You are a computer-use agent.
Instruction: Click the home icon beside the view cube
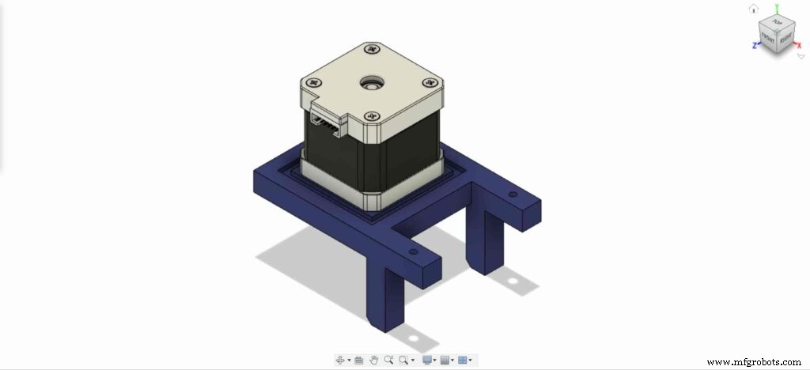tap(754, 9)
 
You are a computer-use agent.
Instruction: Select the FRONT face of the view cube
tap(767, 37)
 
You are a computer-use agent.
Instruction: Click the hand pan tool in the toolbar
tap(374, 360)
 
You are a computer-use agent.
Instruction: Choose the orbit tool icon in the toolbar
tap(341, 360)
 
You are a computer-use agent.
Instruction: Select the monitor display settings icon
tap(427, 360)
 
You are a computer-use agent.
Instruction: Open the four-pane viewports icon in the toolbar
tap(463, 360)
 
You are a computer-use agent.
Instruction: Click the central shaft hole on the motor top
tap(369, 82)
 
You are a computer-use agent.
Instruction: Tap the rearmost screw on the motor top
tap(372, 51)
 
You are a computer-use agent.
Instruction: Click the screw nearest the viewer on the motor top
tap(370, 117)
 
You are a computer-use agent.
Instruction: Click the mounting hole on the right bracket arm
tap(512, 194)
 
